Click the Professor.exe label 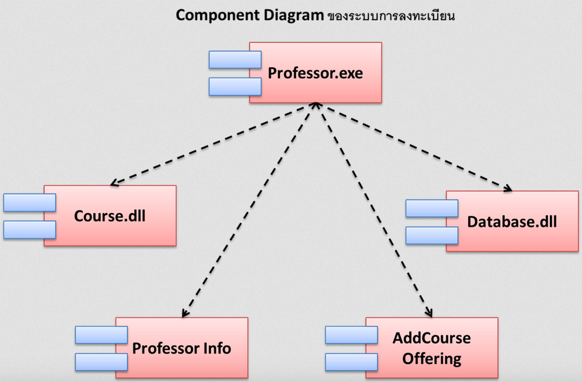(x=315, y=74)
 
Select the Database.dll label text (x=512, y=222)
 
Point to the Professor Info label (x=182, y=348)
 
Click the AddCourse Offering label (x=432, y=348)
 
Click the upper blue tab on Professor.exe (x=235, y=60)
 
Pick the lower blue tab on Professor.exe (x=235, y=86)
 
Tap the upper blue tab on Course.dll (x=30, y=203)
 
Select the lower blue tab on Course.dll (x=30, y=229)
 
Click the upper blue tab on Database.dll (x=432, y=208)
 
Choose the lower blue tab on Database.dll (x=432, y=235)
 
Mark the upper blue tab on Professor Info (x=101, y=335)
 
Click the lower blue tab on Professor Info (x=101, y=362)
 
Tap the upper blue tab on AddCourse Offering (x=351, y=335)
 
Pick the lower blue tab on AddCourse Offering (x=351, y=362)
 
